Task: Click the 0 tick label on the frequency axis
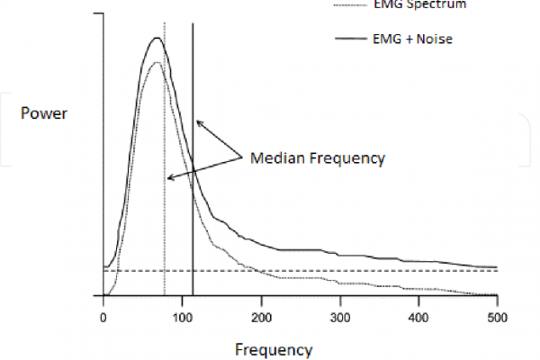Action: tap(103, 318)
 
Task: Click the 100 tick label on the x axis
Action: tap(183, 318)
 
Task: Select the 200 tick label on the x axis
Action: tap(261, 318)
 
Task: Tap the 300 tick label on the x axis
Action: tap(340, 318)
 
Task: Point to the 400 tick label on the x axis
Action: tap(419, 318)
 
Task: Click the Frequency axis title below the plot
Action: tap(274, 349)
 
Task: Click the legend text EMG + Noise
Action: tap(412, 38)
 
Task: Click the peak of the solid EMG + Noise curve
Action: tap(157, 38)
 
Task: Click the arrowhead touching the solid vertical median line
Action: tap(198, 121)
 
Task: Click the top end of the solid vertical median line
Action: tap(193, 22)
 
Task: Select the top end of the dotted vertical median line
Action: tap(164, 22)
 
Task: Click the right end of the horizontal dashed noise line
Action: tap(498, 270)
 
